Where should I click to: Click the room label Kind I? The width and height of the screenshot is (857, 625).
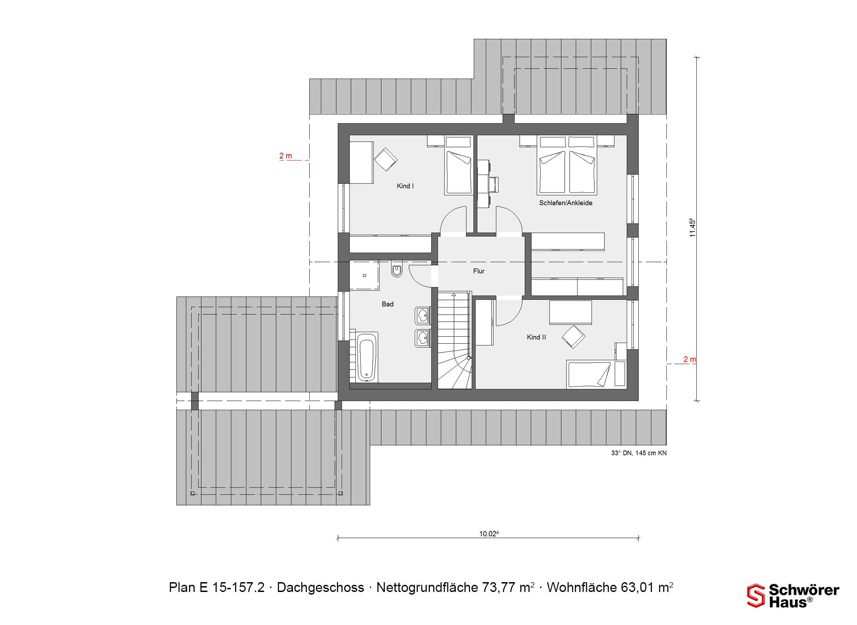tap(405, 186)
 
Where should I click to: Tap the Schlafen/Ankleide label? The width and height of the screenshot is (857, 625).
tap(566, 203)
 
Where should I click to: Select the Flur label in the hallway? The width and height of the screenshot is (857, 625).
tap(478, 271)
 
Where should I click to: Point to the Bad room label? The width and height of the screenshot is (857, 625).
tap(387, 304)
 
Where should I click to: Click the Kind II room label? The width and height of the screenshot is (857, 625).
tap(536, 337)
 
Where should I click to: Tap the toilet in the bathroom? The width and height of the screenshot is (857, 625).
tap(396, 269)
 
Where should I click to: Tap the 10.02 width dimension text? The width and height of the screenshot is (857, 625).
tap(489, 533)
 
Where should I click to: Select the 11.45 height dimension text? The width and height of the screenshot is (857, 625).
tap(692, 228)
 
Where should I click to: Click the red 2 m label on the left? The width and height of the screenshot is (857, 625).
tap(286, 156)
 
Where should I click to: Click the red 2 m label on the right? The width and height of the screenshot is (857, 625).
tap(690, 359)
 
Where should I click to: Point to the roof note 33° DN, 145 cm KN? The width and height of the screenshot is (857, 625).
tap(639, 453)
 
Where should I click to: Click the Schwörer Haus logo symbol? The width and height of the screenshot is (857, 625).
tap(756, 596)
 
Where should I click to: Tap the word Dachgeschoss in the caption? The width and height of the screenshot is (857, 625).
tap(320, 587)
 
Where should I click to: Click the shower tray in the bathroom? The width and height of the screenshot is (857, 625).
tap(364, 275)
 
